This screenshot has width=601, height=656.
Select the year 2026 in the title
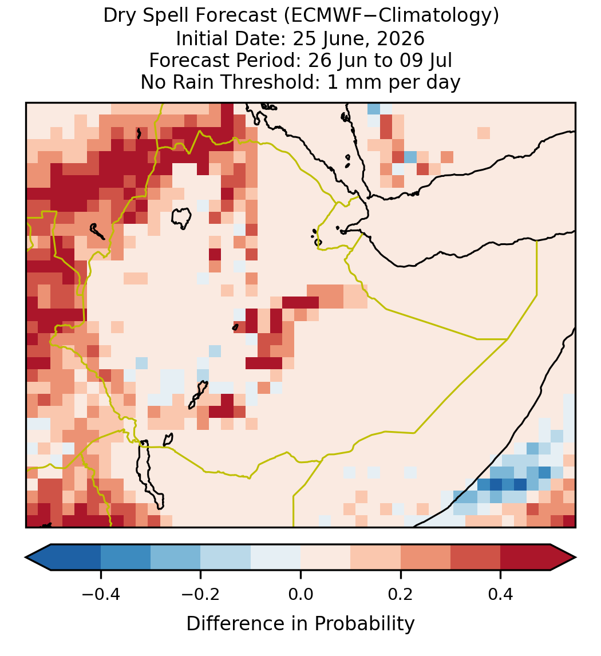(x=401, y=38)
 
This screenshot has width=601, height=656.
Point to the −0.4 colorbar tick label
(x=101, y=594)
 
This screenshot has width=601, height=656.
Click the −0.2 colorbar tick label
(x=201, y=594)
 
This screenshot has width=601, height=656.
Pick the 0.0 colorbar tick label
(x=300, y=594)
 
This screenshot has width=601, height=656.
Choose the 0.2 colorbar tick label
(x=401, y=594)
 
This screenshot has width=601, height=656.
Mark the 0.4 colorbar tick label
(x=501, y=594)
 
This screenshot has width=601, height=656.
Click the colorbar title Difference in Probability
(x=300, y=624)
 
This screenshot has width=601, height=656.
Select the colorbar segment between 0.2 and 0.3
(x=425, y=558)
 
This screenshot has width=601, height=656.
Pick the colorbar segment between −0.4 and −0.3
(x=125, y=558)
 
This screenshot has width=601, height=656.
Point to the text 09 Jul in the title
(x=426, y=60)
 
